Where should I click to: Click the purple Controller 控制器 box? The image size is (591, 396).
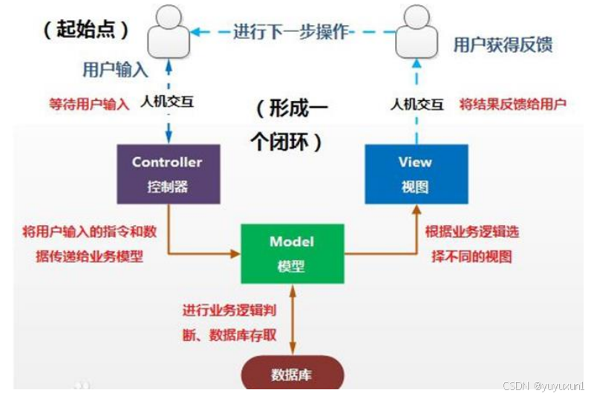tap(167, 174)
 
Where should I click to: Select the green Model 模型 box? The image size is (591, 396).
tap(292, 253)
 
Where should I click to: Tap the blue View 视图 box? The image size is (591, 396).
tap(416, 174)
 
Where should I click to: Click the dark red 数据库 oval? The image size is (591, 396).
tap(292, 373)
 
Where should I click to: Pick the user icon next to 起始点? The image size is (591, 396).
tap(168, 36)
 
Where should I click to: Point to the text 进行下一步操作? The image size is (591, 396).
tap(291, 32)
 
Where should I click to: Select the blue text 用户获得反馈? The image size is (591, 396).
tap(503, 45)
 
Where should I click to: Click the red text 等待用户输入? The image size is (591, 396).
tap(88, 104)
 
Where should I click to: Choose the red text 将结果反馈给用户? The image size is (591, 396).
tap(512, 104)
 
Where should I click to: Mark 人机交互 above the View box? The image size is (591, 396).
tap(417, 104)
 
